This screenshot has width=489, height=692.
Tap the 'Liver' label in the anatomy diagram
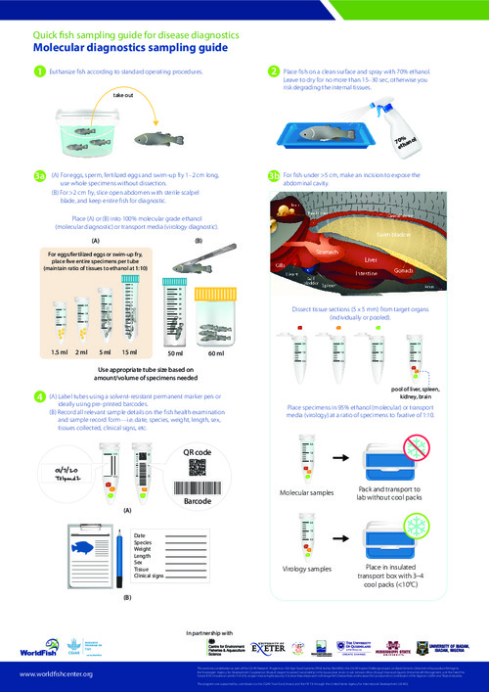371,259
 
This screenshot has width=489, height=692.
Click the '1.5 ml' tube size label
61,350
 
